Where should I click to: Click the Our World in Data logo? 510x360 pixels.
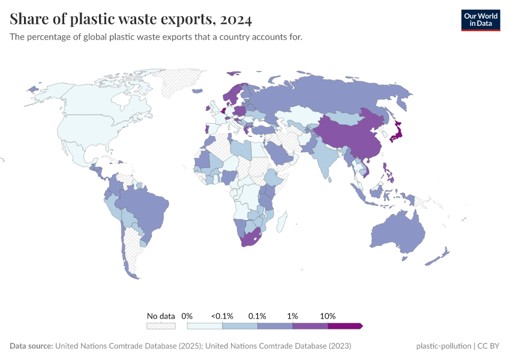480,20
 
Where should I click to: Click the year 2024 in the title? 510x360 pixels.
236,19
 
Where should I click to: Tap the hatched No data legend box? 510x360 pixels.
161,326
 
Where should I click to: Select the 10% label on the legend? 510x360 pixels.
328,316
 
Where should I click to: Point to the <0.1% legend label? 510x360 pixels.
222,316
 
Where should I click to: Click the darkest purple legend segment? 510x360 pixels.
344,326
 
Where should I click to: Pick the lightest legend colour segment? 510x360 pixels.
205,326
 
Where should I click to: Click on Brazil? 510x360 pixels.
147,207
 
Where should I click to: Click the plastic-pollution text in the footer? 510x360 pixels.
442,346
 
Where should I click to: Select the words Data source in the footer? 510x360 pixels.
31,346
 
